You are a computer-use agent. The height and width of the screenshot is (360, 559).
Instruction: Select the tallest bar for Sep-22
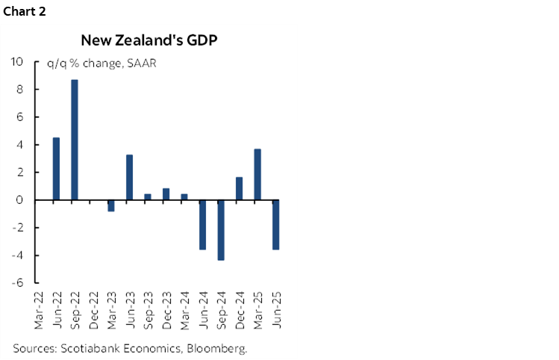(75, 140)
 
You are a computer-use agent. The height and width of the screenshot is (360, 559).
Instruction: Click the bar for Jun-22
(56, 169)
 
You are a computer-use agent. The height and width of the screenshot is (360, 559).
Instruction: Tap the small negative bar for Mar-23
(111, 205)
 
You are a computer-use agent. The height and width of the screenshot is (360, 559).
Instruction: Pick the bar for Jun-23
(129, 177)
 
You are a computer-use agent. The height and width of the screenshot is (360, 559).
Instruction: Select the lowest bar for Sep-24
(221, 230)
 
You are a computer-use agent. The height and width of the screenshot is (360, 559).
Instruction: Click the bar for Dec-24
(239, 188)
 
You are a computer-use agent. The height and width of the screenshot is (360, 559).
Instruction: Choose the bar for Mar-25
(257, 174)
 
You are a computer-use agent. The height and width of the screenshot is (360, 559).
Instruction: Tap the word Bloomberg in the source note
(219, 348)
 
